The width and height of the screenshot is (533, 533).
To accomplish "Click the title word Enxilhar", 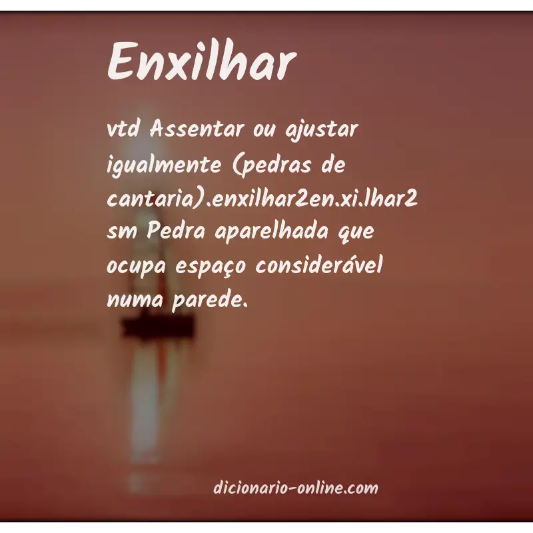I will coord(201,62).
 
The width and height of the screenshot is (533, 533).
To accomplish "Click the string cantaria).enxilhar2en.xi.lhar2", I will coord(263,201).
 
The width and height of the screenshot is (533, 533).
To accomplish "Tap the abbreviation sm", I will coord(119,235).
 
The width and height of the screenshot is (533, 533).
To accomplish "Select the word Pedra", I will coord(168,234).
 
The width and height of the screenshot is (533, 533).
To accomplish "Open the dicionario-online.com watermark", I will coord(296,488).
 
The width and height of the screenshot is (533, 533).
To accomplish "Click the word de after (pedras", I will coord(332,165).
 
